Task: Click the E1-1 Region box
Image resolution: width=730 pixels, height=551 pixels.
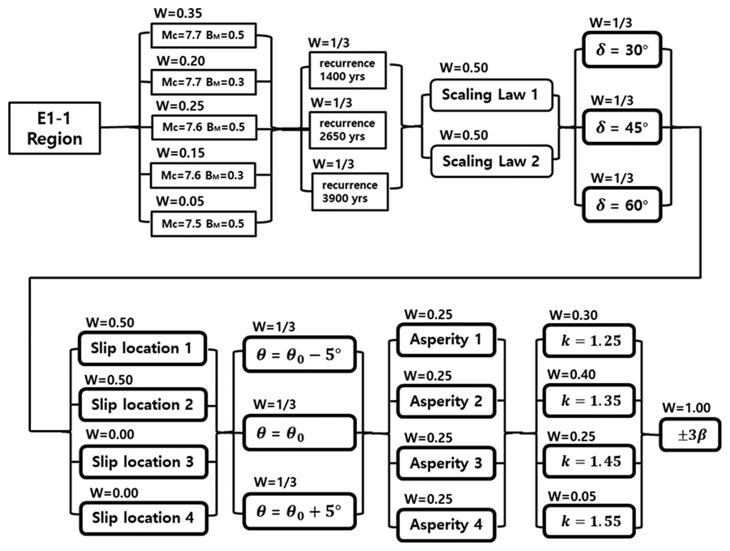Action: pyautogui.click(x=54, y=128)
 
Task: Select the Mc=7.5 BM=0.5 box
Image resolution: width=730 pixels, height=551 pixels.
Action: pyautogui.click(x=203, y=224)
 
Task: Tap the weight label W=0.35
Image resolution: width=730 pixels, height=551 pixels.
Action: pyautogui.click(x=178, y=13)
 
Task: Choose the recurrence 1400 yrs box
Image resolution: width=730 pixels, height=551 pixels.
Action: pyautogui.click(x=348, y=70)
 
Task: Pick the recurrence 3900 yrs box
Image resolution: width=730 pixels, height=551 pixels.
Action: pyautogui.click(x=350, y=192)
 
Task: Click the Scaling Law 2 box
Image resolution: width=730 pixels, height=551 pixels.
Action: pyautogui.click(x=491, y=161)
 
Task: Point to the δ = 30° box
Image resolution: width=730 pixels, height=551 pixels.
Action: pyautogui.click(x=622, y=50)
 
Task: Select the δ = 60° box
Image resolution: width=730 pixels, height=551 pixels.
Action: pyautogui.click(x=622, y=205)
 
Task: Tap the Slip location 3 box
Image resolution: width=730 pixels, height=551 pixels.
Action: pyautogui.click(x=143, y=461)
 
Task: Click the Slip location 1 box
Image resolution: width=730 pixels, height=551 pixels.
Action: pyautogui.click(x=142, y=348)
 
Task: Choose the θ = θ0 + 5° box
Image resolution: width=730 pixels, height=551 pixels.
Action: pyautogui.click(x=299, y=511)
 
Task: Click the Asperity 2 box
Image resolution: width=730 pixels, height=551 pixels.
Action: pyautogui.click(x=446, y=401)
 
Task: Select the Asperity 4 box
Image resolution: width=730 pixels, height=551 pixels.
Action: pyautogui.click(x=446, y=525)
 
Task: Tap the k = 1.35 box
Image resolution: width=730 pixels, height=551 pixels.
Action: pyautogui.click(x=589, y=401)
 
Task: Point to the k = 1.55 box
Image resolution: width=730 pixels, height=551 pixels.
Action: pyautogui.click(x=589, y=521)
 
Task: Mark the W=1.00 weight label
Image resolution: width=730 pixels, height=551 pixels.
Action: pyautogui.click(x=686, y=408)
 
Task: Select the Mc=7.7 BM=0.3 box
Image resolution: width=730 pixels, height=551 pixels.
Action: pyautogui.click(x=203, y=82)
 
